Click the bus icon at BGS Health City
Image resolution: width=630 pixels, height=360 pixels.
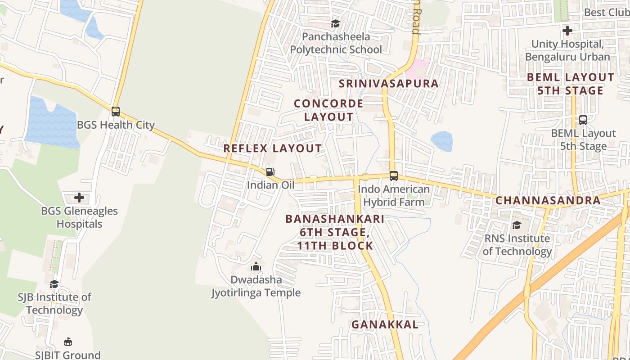(116, 112)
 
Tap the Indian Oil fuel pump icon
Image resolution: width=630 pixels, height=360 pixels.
(270, 172)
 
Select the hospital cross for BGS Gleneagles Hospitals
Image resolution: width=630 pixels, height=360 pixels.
(79, 198)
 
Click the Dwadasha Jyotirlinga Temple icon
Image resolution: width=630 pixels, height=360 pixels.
(256, 266)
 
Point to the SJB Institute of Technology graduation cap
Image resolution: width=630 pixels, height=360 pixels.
(54, 284)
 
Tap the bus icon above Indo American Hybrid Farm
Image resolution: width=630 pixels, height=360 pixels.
(394, 176)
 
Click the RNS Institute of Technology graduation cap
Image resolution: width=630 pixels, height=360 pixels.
(517, 225)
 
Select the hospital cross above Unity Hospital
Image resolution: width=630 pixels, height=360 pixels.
(567, 31)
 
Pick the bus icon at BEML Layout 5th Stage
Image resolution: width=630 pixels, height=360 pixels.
(583, 120)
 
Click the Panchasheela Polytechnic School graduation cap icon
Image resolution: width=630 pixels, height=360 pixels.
(335, 23)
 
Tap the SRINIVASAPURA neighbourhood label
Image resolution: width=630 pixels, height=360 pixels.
(388, 84)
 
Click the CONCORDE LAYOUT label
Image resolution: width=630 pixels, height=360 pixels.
(328, 110)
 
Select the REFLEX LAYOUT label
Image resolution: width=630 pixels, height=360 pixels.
(273, 148)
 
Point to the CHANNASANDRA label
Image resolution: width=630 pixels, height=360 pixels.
(548, 201)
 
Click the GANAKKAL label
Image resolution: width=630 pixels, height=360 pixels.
(385, 324)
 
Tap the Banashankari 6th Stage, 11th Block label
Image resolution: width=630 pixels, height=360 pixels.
(335, 232)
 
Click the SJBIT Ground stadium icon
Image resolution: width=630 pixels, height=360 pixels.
(68, 342)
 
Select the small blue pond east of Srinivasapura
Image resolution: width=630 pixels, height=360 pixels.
(442, 141)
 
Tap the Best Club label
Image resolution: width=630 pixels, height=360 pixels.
(606, 12)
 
